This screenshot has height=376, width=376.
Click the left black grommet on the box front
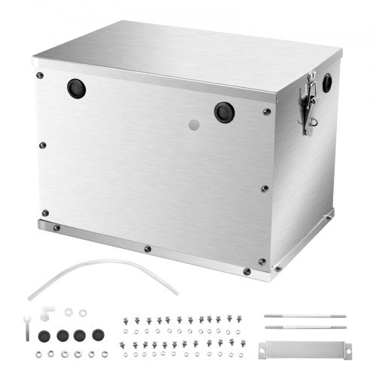click(76, 89)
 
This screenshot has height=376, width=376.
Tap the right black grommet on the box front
click(223, 112)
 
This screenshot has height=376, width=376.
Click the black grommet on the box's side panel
click(327, 83)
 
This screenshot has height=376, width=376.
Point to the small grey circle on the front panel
click(194, 125)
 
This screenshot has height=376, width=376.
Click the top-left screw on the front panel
click(40, 75)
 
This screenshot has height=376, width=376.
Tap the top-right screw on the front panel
click(267, 112)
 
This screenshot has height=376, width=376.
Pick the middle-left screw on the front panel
click(43, 145)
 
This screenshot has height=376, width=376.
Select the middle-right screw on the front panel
click(264, 189)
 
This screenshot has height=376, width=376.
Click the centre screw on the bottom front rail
click(147, 248)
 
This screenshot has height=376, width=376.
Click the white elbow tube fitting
click(48, 311)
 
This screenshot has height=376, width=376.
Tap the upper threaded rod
click(305, 315)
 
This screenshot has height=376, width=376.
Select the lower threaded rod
click(305, 326)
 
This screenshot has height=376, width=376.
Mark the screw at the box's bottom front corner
click(247, 271)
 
